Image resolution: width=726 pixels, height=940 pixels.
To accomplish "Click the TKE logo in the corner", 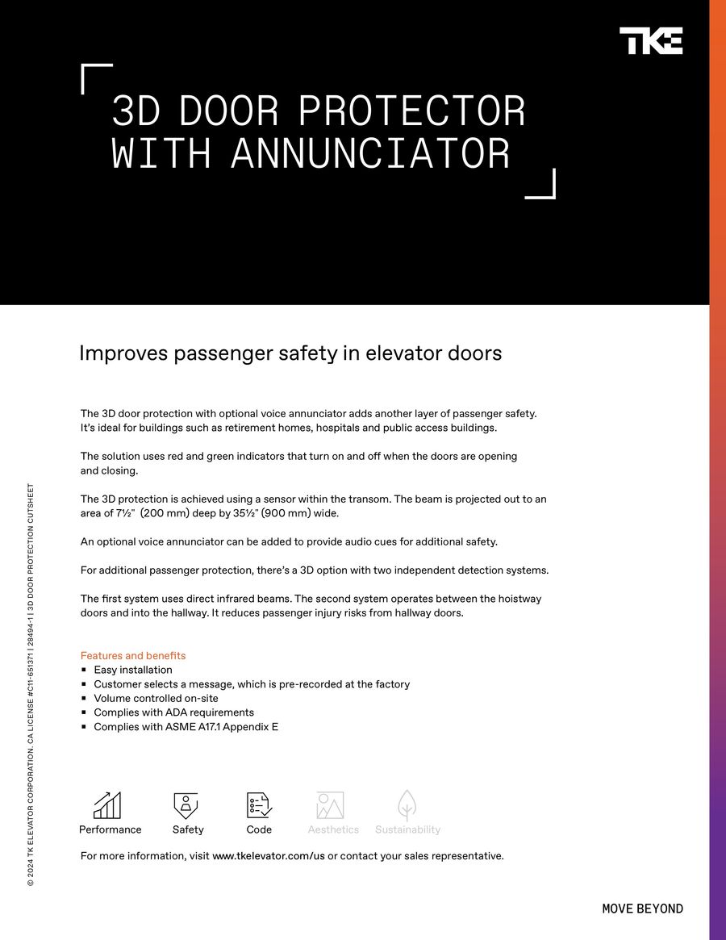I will [650, 41].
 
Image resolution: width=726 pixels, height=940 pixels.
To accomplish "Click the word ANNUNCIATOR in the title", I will [370, 153].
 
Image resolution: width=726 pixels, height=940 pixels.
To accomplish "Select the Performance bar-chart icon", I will [107, 805].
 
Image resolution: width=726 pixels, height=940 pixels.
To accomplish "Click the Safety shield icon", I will [186, 805].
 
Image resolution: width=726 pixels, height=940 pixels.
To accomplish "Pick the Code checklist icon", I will [259, 805].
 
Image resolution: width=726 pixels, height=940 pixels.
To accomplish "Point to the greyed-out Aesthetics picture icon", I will [331, 805].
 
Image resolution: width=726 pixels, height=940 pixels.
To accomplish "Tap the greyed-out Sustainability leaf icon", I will [407, 804].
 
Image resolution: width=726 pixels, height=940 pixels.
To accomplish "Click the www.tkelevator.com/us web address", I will [268, 856].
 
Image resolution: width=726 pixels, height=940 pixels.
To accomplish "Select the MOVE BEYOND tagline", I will [642, 909].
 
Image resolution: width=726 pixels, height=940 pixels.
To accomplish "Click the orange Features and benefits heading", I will [133, 656].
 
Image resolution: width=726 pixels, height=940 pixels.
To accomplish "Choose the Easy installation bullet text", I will [133, 670].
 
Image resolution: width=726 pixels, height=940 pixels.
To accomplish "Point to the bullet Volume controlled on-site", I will [156, 698].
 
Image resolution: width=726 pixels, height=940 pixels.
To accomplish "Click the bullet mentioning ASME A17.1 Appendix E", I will [186, 727].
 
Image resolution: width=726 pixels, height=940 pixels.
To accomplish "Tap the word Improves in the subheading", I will [123, 353].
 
